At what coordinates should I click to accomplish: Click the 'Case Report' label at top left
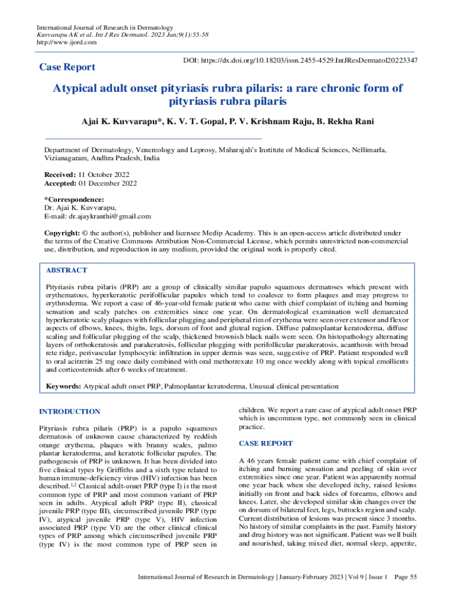click(66, 67)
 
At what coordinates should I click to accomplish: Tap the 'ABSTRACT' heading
click(66, 270)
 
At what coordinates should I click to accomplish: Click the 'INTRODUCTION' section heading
click(69, 411)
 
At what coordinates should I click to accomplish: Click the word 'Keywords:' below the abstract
click(63, 386)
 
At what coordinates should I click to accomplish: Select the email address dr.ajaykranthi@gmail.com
click(110, 217)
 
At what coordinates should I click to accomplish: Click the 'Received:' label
click(60, 175)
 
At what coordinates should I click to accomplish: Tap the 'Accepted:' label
click(61, 183)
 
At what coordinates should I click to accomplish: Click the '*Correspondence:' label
click(75, 200)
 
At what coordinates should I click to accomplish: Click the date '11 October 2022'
click(104, 175)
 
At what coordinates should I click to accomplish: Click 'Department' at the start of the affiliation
click(66, 151)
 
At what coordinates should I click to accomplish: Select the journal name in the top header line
click(105, 28)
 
